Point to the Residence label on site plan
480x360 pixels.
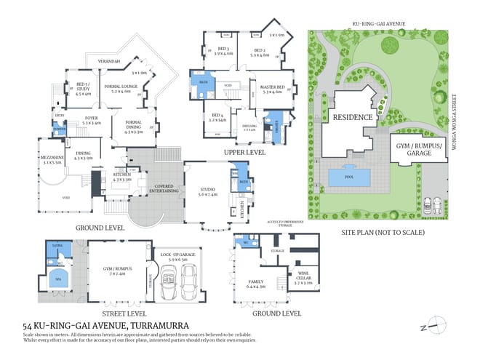point(353,117)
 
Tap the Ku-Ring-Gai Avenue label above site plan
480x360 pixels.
point(378,25)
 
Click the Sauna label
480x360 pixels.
point(55,247)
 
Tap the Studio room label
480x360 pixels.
point(208,193)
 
